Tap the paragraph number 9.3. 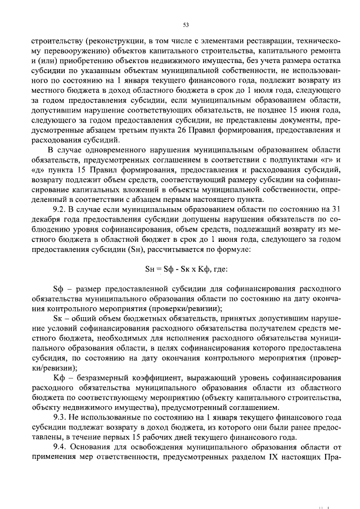59,418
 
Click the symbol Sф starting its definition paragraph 57,289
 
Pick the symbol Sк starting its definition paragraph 57,318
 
